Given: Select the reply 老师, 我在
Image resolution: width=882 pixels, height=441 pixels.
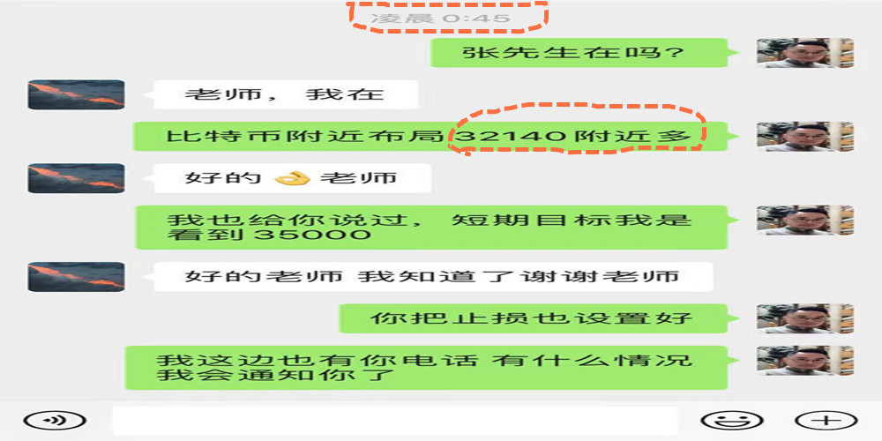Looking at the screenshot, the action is tap(284, 94).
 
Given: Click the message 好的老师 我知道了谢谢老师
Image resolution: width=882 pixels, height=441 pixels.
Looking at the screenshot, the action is tap(432, 276).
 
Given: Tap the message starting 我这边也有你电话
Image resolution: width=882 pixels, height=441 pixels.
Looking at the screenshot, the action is tap(425, 369).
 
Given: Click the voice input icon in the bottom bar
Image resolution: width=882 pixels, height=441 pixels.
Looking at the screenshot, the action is tap(55, 421).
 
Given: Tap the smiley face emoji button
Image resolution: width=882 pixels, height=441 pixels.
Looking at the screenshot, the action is tap(731, 421).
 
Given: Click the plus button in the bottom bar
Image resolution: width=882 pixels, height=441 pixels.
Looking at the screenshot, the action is tap(826, 421).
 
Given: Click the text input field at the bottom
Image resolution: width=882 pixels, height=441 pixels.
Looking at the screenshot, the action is tap(394, 421).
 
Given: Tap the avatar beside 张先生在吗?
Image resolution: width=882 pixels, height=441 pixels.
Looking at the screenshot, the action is tap(805, 53).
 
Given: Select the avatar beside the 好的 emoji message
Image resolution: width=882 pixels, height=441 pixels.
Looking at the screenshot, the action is tap(76, 178).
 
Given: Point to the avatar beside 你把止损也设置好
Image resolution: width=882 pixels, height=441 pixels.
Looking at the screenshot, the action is tap(805, 318).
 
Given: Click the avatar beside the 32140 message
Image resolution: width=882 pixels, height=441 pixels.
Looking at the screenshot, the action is tap(805, 137).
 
